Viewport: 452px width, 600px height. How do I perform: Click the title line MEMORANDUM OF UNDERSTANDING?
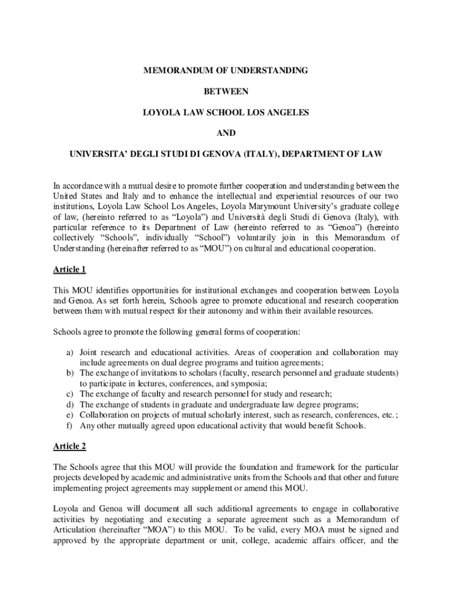coord(226,70)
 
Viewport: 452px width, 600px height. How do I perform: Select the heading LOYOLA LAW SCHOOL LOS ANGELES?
coord(226,112)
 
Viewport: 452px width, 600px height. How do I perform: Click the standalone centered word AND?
coord(226,133)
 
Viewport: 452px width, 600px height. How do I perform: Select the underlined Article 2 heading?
coord(69,446)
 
